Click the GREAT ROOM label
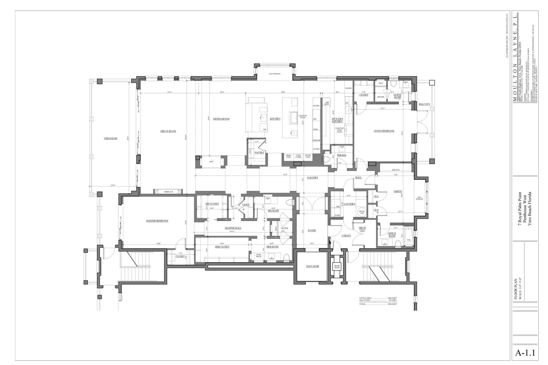(x=168, y=131)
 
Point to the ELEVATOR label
(x=313, y=266)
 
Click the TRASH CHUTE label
(x=337, y=267)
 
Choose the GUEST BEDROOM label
(x=384, y=131)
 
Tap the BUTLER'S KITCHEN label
(x=337, y=120)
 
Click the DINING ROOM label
(x=221, y=119)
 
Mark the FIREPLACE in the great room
(x=168, y=192)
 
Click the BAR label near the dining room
(x=211, y=162)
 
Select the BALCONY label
(x=424, y=104)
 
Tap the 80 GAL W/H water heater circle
(x=362, y=212)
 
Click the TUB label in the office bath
(x=408, y=240)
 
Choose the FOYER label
(x=312, y=230)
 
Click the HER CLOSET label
(x=222, y=247)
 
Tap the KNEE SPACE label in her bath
(x=259, y=255)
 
